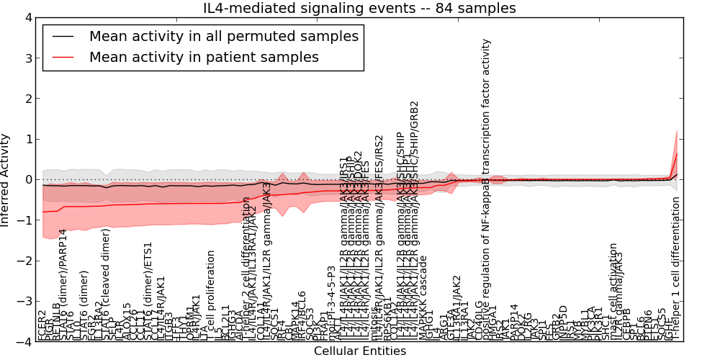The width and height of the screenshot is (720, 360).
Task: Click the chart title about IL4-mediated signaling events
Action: [x=359, y=9]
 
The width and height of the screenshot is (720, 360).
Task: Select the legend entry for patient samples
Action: [x=204, y=57]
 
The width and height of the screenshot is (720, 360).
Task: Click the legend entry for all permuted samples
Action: [x=223, y=36]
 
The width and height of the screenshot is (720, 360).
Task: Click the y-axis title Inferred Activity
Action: [x=6, y=180]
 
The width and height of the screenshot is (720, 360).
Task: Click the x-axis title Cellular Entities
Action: [x=359, y=351]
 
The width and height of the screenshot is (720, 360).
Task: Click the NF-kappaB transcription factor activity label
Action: [x=487, y=187]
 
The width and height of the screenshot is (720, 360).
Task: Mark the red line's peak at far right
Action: [x=677, y=153]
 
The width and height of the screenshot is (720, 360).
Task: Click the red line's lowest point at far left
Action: [x=43, y=212]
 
